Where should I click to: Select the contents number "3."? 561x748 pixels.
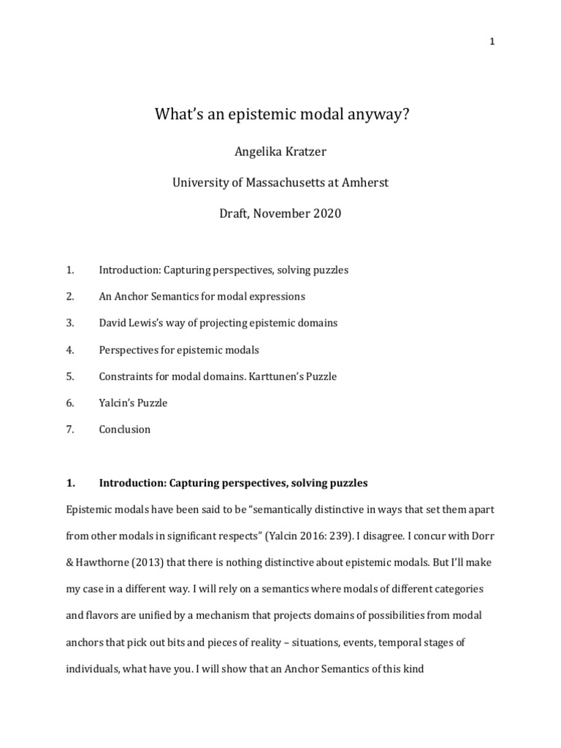tap(71, 323)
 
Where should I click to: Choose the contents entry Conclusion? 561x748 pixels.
tap(125, 430)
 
